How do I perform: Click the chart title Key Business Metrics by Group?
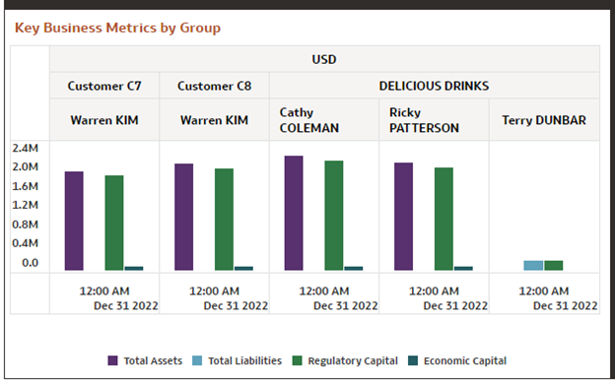pyautogui.click(x=117, y=28)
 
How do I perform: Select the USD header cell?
pyautogui.click(x=324, y=59)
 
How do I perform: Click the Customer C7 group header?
pyautogui.click(x=104, y=86)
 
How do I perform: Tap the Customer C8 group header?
pyautogui.click(x=214, y=86)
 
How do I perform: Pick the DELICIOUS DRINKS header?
pyautogui.click(x=434, y=86)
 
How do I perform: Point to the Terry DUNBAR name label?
pyautogui.click(x=544, y=120)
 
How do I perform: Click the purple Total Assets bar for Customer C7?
pyautogui.click(x=74, y=221)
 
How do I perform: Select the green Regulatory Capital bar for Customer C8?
pyautogui.click(x=224, y=219)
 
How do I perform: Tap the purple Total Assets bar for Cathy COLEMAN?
pyautogui.click(x=294, y=213)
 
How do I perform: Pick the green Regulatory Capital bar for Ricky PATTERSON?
pyautogui.click(x=444, y=219)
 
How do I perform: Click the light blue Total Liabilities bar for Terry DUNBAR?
pyautogui.click(x=533, y=265)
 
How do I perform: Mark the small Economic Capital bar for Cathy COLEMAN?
pyautogui.click(x=353, y=268)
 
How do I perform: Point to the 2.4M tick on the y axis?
pyautogui.click(x=25, y=148)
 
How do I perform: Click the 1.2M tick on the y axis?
pyautogui.click(x=25, y=205)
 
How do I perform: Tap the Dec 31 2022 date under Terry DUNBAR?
pyautogui.click(x=565, y=305)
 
